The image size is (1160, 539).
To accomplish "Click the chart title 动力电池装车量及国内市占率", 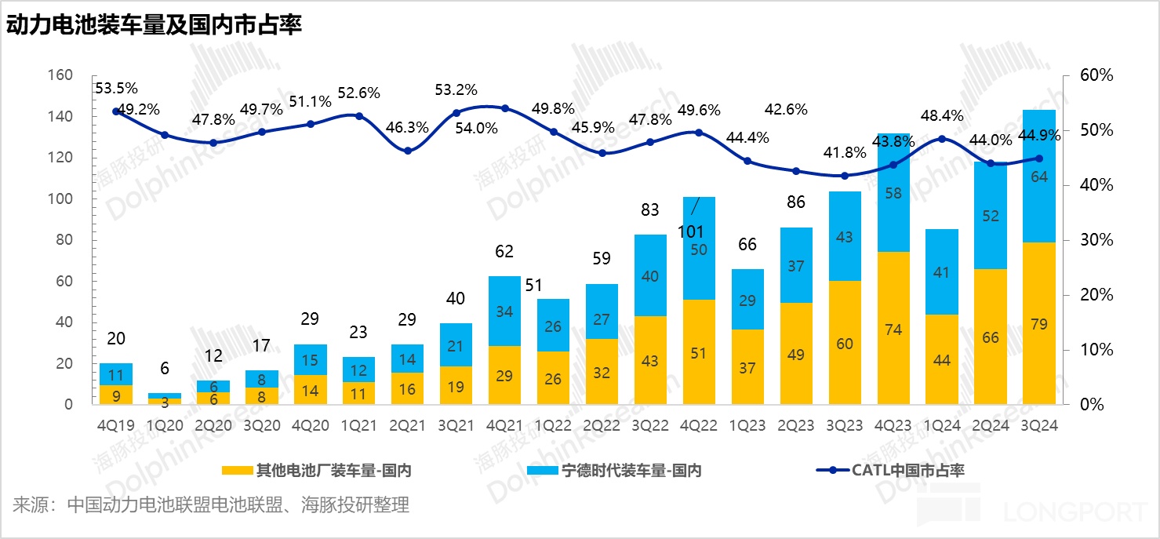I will point(155,25).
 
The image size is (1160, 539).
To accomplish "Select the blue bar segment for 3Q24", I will point(1038,176).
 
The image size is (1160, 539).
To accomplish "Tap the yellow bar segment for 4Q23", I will point(893,328).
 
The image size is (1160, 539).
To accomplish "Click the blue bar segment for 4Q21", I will point(504,311).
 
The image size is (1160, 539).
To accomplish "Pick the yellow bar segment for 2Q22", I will point(602,372).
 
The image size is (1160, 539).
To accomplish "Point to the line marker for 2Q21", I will point(408,151).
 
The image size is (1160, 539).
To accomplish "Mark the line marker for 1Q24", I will point(941,139).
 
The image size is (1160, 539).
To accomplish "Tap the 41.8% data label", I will point(844,152).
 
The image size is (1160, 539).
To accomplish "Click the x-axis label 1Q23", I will point(747,424).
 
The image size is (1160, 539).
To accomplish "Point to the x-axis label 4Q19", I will point(116,424).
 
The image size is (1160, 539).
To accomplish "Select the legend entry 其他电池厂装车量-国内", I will point(317,471).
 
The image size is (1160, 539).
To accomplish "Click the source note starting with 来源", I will point(211,504).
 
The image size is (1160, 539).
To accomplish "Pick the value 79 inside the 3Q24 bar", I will point(1038,322).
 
